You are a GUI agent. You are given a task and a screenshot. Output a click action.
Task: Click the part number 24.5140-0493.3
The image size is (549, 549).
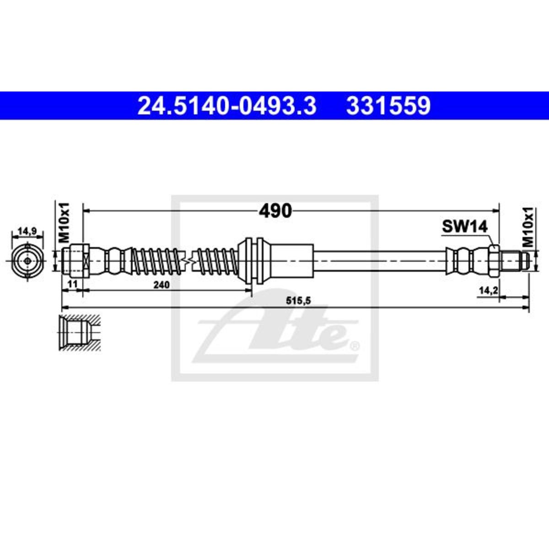(x=227, y=106)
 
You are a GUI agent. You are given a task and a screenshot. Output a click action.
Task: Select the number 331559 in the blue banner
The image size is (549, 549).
(x=388, y=106)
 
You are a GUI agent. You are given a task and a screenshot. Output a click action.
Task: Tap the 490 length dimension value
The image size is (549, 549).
(x=275, y=211)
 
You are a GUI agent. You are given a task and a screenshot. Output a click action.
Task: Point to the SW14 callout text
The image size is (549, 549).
(x=465, y=226)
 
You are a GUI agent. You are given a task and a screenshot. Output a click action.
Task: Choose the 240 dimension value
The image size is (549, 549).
(x=161, y=284)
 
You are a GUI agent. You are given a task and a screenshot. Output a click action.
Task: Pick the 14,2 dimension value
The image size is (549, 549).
(x=488, y=291)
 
